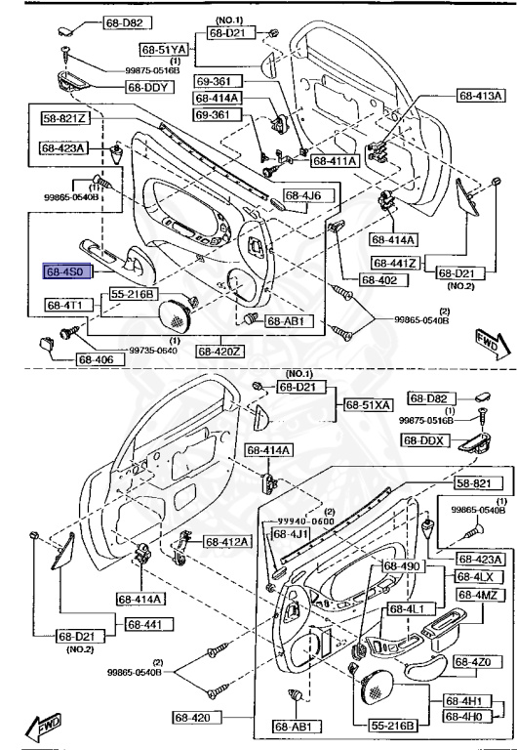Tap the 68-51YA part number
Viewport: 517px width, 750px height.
point(163,48)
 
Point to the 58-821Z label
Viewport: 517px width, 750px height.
point(64,118)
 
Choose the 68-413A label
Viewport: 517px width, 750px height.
point(481,96)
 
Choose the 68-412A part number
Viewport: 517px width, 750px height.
point(226,541)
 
